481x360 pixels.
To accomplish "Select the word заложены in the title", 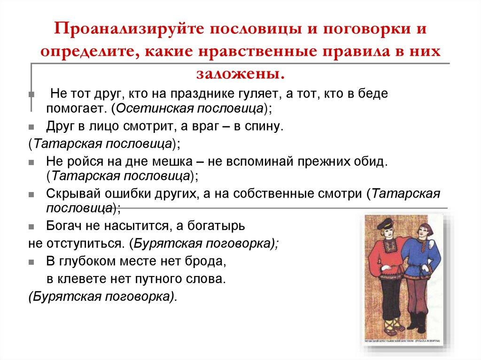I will click(238, 73).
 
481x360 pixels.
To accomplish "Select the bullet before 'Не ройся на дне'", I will click(31, 162).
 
